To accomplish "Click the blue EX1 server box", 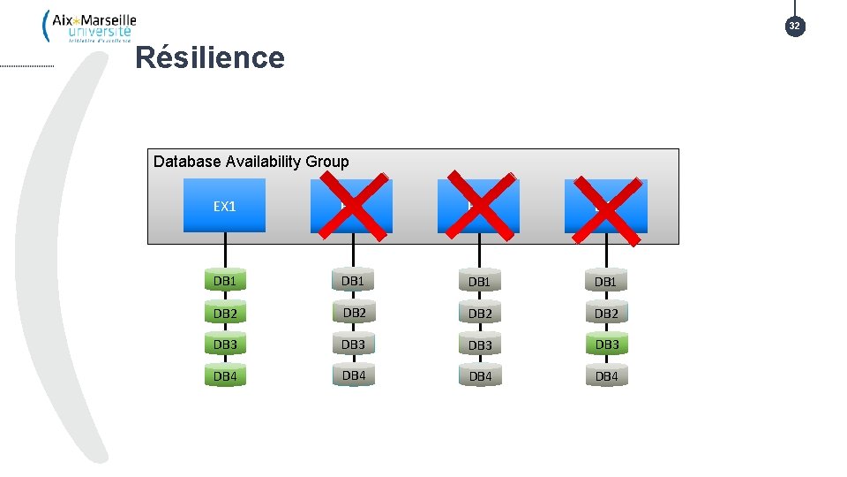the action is (x=224, y=206).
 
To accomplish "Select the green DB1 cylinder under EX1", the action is (x=225, y=281).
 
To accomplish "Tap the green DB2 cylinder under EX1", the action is (x=225, y=313).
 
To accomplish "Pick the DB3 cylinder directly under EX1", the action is (x=225, y=344).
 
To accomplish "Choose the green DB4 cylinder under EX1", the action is (x=225, y=376).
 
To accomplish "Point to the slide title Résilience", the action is (x=210, y=58).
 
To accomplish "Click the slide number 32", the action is (x=794, y=26).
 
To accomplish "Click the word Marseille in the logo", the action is (x=104, y=19).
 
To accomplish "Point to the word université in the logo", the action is (x=100, y=32).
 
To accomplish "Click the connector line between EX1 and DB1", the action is (x=225, y=250).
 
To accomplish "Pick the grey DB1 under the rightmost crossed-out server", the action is (x=605, y=281).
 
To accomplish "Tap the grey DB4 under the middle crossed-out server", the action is (x=479, y=376).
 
